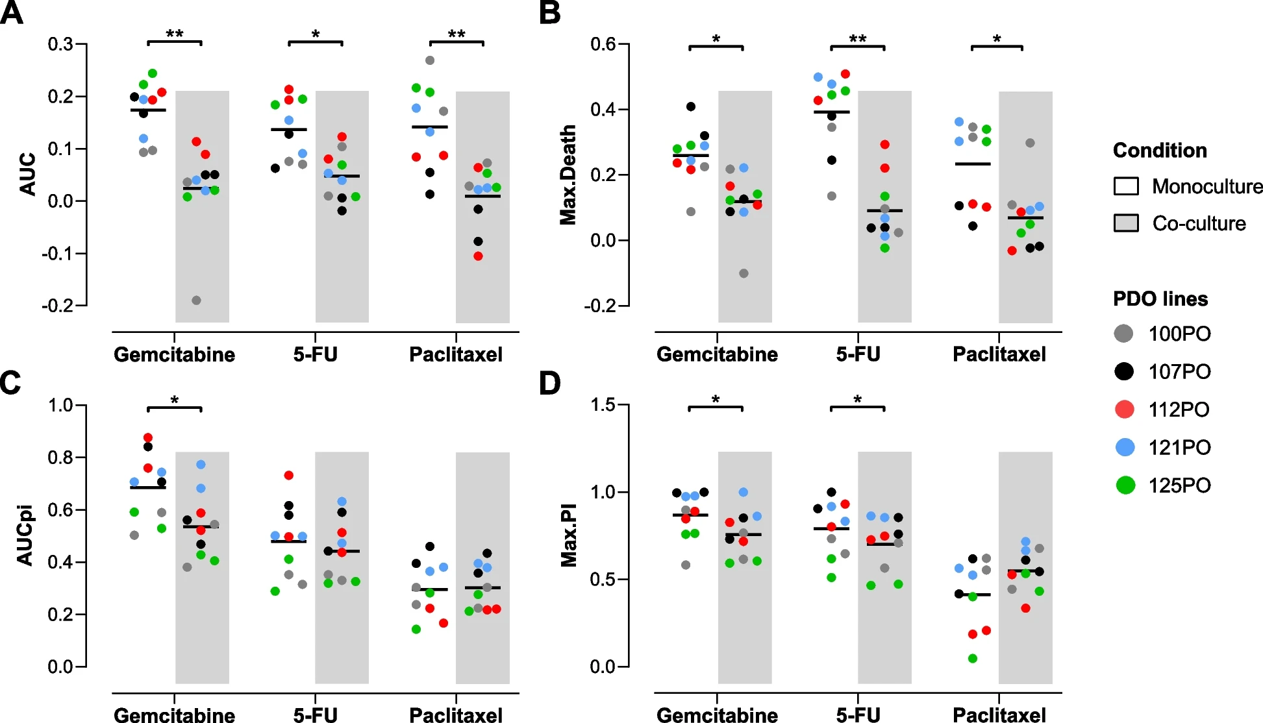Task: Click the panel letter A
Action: pyautogui.click(x=12, y=13)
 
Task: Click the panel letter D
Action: pyautogui.click(x=550, y=383)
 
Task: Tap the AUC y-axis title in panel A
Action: pyautogui.click(x=28, y=174)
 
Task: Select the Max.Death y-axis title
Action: pyautogui.click(x=568, y=175)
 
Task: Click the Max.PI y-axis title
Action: pyautogui.click(x=569, y=535)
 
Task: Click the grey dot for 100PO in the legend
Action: pyautogui.click(x=1124, y=334)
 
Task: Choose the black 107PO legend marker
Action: pyautogui.click(x=1124, y=371)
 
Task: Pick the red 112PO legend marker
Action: pyautogui.click(x=1124, y=410)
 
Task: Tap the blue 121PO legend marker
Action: pyautogui.click(x=1124, y=447)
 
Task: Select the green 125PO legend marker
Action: pyautogui.click(x=1124, y=485)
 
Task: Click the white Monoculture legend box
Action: pyautogui.click(x=1126, y=186)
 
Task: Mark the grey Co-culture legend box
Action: pyautogui.click(x=1126, y=223)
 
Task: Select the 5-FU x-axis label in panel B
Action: pyautogui.click(x=858, y=354)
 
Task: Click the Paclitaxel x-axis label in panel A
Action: pyautogui.click(x=456, y=354)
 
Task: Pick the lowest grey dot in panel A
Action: pyautogui.click(x=196, y=300)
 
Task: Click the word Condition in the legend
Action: pyautogui.click(x=1160, y=151)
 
